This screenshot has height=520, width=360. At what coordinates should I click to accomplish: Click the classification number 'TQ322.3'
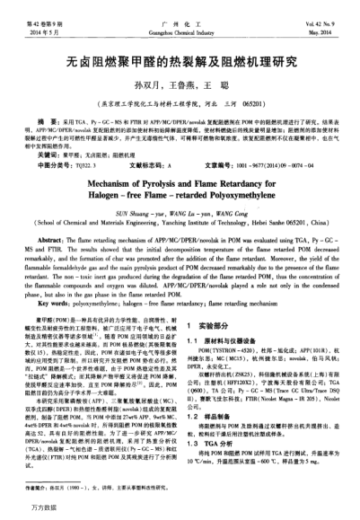89,165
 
